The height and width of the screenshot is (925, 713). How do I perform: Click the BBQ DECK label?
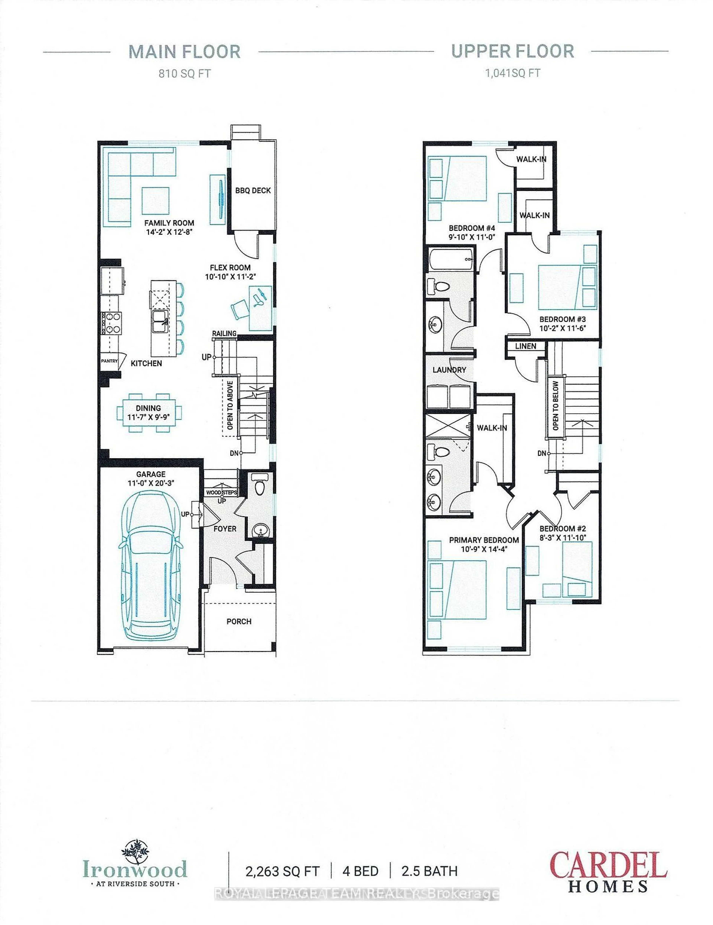coord(253,191)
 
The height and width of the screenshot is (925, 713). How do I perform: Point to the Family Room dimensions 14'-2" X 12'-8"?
coord(169,232)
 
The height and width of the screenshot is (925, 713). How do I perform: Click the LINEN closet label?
coord(525,346)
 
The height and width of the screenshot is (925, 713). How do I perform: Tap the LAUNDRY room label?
coord(449,370)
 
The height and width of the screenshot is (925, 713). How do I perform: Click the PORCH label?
coord(239,621)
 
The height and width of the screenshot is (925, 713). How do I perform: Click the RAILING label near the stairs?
coord(224,333)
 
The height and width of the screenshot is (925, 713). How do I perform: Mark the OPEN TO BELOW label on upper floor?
coord(555,405)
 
